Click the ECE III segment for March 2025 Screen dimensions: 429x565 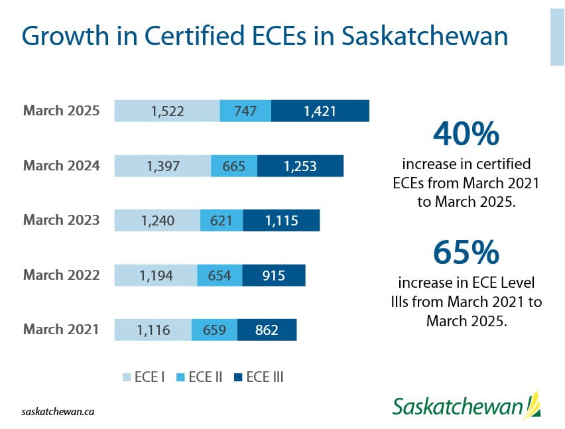pyautogui.click(x=320, y=111)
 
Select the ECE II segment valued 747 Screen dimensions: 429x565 pyautogui.click(x=245, y=111)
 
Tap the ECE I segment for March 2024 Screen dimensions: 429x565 pyautogui.click(x=162, y=166)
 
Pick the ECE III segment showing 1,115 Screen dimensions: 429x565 pyautogui.click(x=281, y=220)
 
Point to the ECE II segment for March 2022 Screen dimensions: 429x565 pyautogui.click(x=220, y=275)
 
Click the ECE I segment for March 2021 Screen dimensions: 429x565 pyautogui.click(x=153, y=329)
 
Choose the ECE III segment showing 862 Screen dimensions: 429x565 pyautogui.click(x=267, y=329)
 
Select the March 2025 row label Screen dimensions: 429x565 pyautogui.click(x=61, y=111)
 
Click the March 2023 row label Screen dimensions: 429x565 pyautogui.click(x=61, y=219)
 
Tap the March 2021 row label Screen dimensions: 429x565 pyautogui.click(x=61, y=328)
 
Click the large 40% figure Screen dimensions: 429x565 pyautogui.click(x=466, y=135)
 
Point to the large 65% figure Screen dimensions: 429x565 pyautogui.click(x=466, y=253)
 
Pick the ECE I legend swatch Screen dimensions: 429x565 pyautogui.click(x=126, y=377)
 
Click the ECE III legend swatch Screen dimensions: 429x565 pyautogui.click(x=237, y=377)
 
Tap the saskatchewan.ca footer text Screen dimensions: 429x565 pyautogui.click(x=58, y=411)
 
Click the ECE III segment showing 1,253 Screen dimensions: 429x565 pyautogui.click(x=300, y=166)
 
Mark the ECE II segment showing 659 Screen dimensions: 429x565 pyautogui.click(x=214, y=329)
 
